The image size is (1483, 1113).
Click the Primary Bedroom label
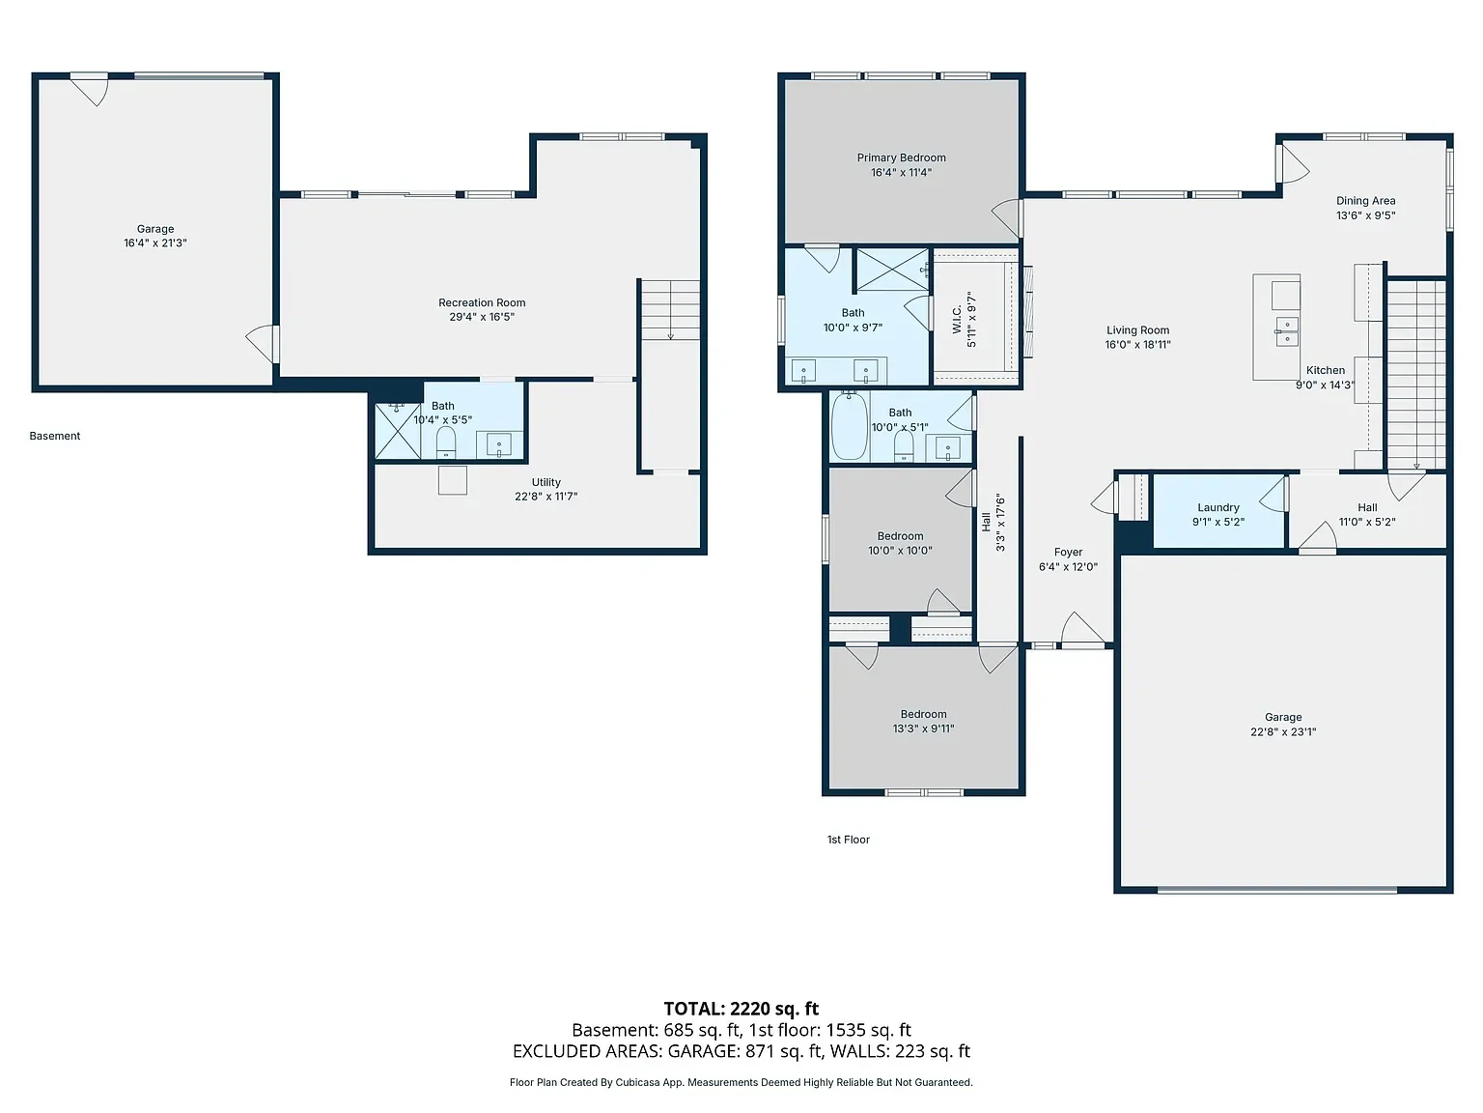pyautogui.click(x=901, y=157)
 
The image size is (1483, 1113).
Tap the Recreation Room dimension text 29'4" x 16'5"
pyautogui.click(x=482, y=317)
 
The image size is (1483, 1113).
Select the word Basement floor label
pyautogui.click(x=55, y=436)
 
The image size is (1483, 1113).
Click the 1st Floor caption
pyautogui.click(x=848, y=840)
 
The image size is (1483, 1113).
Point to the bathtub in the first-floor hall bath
pyautogui.click(x=850, y=427)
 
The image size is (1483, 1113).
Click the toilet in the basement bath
pyautogui.click(x=446, y=442)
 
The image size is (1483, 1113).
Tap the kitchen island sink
pyautogui.click(x=1286, y=331)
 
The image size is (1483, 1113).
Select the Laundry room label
pyautogui.click(x=1218, y=507)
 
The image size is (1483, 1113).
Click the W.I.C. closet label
pyautogui.click(x=957, y=320)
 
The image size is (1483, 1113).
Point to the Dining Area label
pyautogui.click(x=1365, y=201)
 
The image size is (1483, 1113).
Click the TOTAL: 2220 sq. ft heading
pyautogui.click(x=741, y=1009)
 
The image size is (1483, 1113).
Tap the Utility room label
pyautogui.click(x=546, y=482)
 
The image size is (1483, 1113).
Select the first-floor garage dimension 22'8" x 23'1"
pyautogui.click(x=1283, y=732)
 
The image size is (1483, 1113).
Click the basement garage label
pyautogui.click(x=155, y=229)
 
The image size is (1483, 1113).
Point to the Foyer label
pyautogui.click(x=1068, y=552)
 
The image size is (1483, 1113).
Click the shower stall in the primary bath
pyautogui.click(x=893, y=270)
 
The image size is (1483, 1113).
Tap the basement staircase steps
pyautogui.click(x=670, y=309)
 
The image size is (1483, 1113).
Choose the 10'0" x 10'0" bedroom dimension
pyautogui.click(x=900, y=551)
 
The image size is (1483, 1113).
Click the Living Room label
pyautogui.click(x=1137, y=330)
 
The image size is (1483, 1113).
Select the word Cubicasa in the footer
pyautogui.click(x=637, y=1083)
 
